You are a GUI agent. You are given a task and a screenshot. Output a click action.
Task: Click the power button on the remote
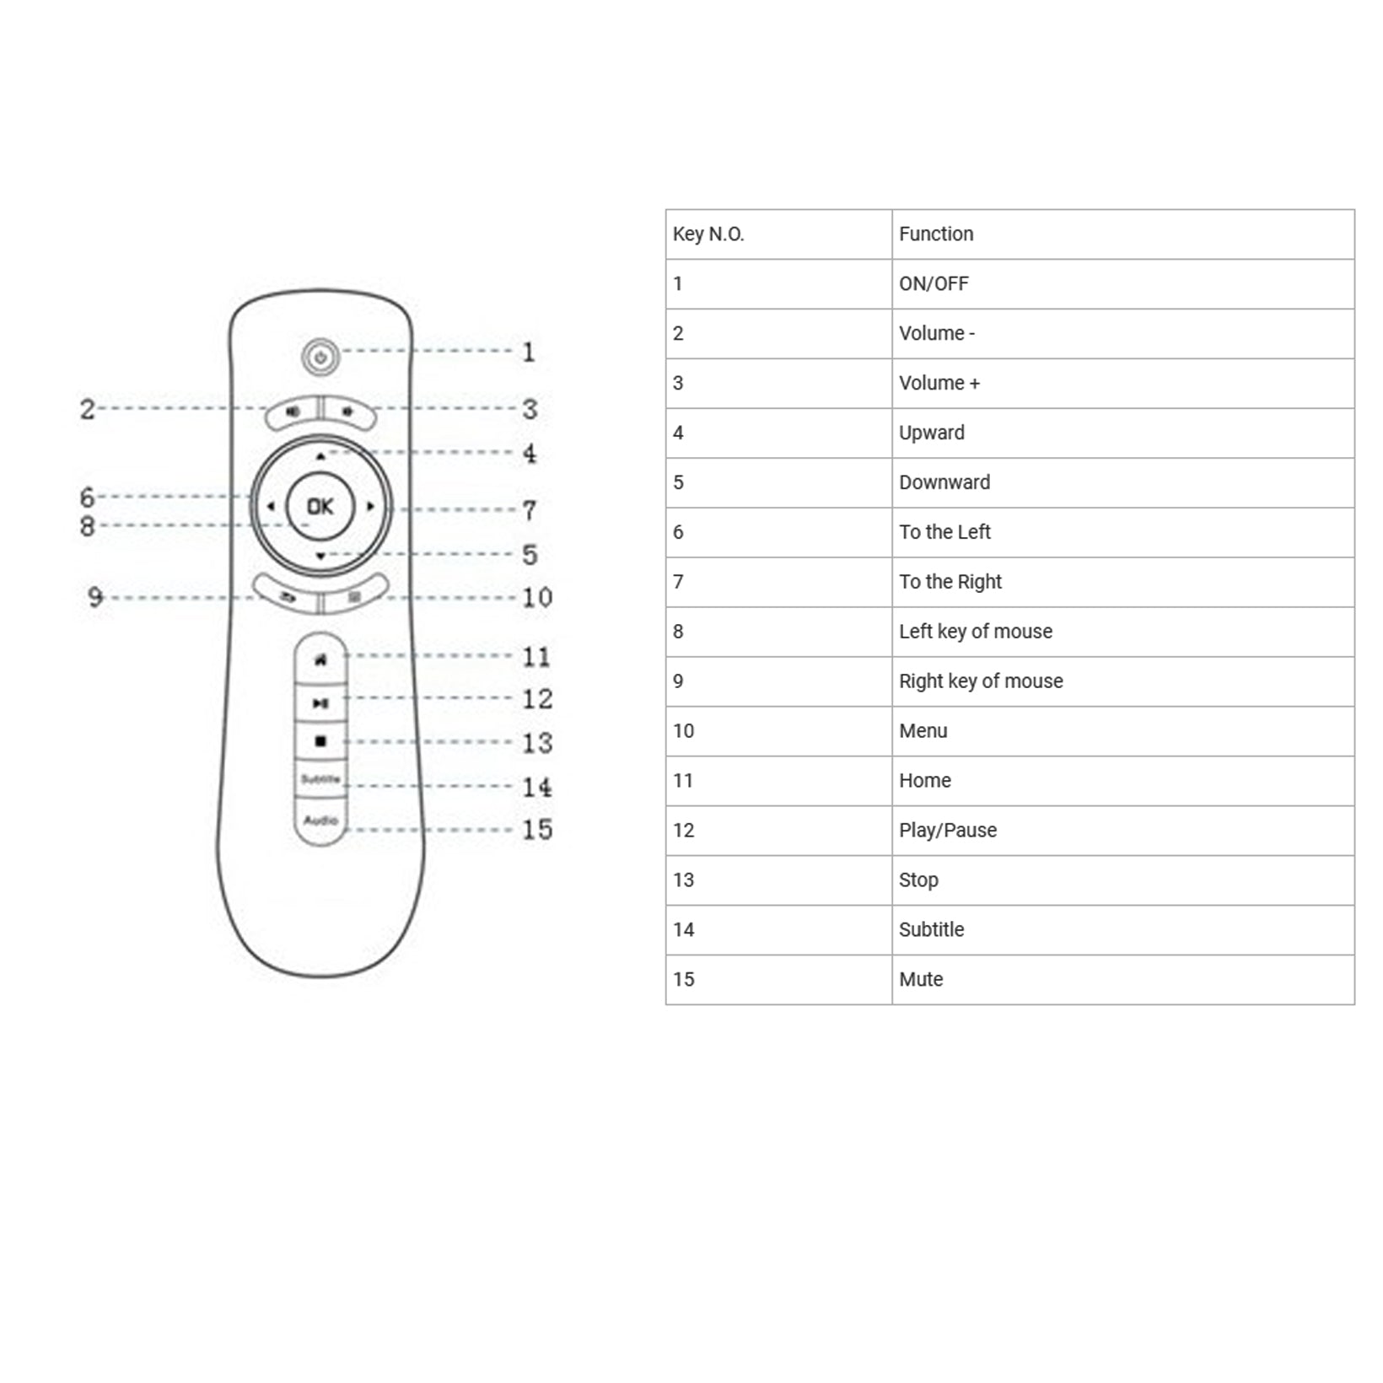click(x=320, y=358)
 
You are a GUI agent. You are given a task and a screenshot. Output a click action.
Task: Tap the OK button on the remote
click(x=320, y=506)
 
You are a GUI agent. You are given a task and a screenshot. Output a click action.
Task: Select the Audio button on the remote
click(x=320, y=821)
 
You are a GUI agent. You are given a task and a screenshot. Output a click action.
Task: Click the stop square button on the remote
click(x=320, y=741)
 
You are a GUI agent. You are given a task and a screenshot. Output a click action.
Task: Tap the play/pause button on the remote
click(x=320, y=702)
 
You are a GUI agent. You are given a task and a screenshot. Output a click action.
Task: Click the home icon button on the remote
click(x=320, y=660)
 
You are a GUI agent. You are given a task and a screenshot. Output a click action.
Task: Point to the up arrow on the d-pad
click(x=320, y=456)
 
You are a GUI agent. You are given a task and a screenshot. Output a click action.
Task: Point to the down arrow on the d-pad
click(x=320, y=557)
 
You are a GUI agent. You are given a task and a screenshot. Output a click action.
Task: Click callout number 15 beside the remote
click(x=537, y=830)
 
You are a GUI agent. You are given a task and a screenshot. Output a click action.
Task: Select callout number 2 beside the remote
click(x=88, y=409)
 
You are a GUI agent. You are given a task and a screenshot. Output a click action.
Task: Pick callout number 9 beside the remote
click(x=95, y=597)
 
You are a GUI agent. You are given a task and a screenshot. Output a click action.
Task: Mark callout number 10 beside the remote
click(x=537, y=598)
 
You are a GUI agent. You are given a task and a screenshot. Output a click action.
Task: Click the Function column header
click(x=936, y=234)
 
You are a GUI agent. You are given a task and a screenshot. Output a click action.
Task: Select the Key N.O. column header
click(x=708, y=234)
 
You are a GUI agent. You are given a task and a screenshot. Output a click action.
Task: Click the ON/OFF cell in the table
click(x=934, y=284)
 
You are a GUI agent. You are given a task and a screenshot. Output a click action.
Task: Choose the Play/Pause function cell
click(x=948, y=831)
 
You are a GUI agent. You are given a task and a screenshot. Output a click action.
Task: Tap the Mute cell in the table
click(x=921, y=980)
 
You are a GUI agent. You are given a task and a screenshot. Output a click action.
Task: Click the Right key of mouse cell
click(x=981, y=681)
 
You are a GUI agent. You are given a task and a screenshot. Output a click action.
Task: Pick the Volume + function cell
click(x=939, y=384)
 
